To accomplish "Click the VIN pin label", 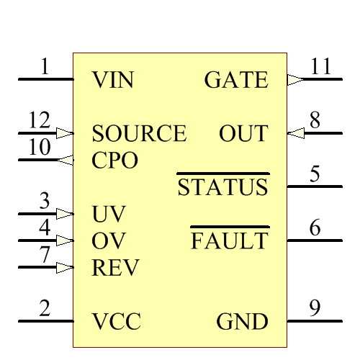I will click(x=113, y=80).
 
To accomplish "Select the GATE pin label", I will click(x=236, y=80).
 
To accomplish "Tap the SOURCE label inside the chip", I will click(x=139, y=134).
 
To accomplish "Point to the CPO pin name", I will click(x=114, y=161).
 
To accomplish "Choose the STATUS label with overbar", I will click(x=222, y=188).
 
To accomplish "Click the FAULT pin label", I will click(x=229, y=241).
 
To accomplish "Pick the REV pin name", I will click(x=115, y=268).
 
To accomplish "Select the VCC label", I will click(x=116, y=321).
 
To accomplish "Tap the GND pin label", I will click(x=242, y=321).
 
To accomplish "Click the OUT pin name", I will click(x=243, y=134).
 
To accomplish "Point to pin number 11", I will click(x=321, y=67).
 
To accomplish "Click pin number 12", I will click(x=39, y=120).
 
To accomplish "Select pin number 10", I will click(x=39, y=148).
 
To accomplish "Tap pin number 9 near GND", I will click(x=315, y=308).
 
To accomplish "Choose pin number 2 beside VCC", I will click(x=45, y=308).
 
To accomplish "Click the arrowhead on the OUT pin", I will click(x=294, y=133).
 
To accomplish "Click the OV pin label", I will click(x=109, y=241).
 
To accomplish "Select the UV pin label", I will click(x=109, y=215).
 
